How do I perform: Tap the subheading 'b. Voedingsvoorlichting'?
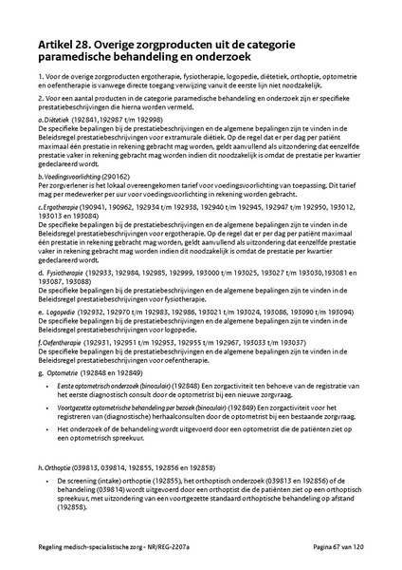coord(69,177)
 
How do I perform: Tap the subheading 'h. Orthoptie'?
coord(55,469)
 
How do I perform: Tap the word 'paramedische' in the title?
coord(84,58)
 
